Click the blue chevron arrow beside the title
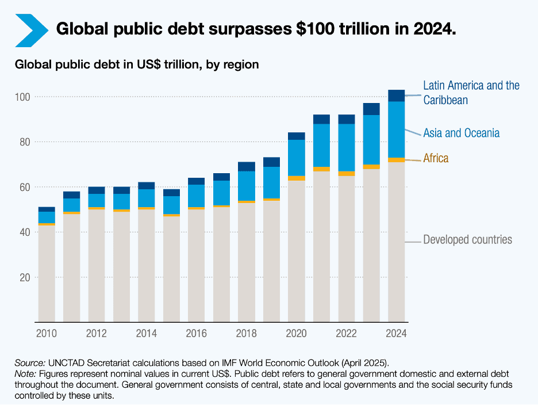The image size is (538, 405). coord(31,29)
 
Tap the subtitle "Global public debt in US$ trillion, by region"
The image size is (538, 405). coord(137,64)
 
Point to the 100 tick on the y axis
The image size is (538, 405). coord(23,97)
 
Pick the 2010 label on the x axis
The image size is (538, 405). coord(46,334)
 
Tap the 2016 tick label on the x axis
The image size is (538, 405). coord(197,334)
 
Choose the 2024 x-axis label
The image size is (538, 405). coord(397,334)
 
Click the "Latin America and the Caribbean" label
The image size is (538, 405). coord(471,93)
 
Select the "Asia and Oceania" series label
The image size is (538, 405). coord(461,133)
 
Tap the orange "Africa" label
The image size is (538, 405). coord(436,158)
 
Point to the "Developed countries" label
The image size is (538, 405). coord(467,239)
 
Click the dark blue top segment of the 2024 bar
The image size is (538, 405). coord(397,95)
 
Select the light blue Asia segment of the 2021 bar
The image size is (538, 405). coord(321,145)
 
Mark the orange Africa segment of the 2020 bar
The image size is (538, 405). coord(297,178)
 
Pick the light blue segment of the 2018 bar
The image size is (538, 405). coord(247,186)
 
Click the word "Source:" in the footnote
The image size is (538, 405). coord(30,362)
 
